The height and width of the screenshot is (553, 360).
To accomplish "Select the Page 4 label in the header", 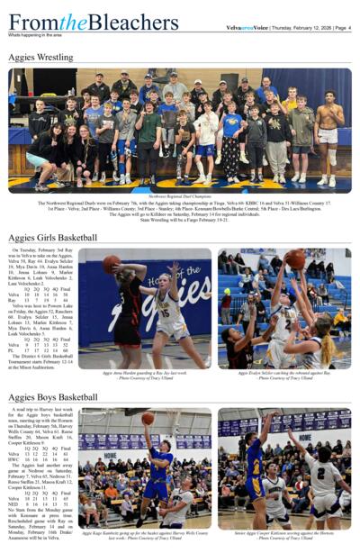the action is (x=343, y=28).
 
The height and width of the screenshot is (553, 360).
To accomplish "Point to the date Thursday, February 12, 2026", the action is (x=301, y=28).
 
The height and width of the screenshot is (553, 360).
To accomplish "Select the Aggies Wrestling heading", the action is (x=40, y=58).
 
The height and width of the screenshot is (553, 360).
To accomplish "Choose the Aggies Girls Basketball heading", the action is (x=52, y=238).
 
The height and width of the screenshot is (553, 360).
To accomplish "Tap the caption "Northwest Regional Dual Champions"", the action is (x=180, y=195).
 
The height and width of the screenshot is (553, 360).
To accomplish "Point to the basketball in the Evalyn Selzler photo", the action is (x=294, y=260).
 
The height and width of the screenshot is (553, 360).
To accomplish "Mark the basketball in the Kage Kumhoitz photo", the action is (x=147, y=418).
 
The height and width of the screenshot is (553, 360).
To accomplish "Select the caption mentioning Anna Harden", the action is (x=144, y=374).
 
